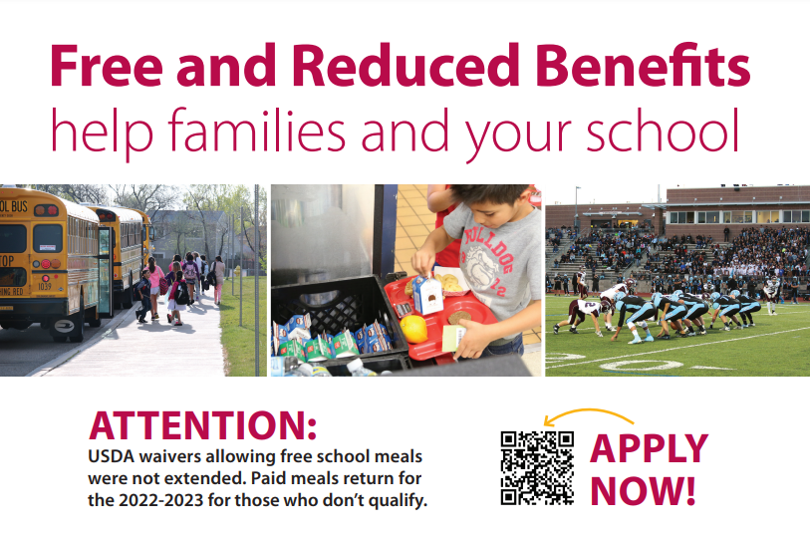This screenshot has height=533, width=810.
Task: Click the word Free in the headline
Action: click(104, 67)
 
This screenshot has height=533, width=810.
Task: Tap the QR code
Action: click(537, 467)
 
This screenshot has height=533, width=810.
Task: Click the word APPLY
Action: click(649, 449)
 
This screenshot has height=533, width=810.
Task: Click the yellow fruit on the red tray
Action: click(413, 327)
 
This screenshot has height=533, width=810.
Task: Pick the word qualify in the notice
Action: click(398, 500)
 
